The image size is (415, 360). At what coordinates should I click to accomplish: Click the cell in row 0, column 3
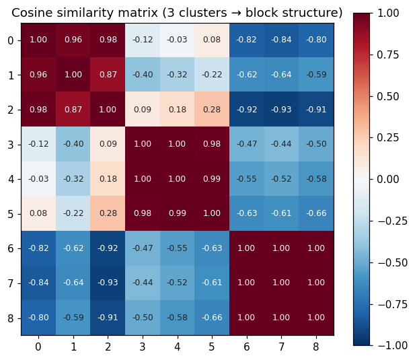pos(143,40)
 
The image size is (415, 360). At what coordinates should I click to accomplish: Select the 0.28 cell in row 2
pos(212,110)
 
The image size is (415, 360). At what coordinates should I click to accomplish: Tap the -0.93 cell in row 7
pos(108,283)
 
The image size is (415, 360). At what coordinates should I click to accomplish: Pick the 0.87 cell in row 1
pos(108,75)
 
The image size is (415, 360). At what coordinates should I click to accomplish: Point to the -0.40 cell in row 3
pos(73,144)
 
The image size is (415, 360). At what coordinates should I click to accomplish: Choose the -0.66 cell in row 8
pos(212,318)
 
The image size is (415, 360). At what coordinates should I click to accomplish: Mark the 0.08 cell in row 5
pos(38,213)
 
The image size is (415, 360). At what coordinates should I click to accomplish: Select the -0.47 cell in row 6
pos(143,248)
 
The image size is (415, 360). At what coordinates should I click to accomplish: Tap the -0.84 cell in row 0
pos(281,40)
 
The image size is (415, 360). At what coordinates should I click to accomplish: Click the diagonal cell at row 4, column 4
pos(178,179)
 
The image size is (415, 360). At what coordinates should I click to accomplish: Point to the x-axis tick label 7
pos(281,347)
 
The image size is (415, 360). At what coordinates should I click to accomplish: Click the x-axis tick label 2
pos(108,347)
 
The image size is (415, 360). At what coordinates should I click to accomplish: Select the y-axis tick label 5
pos(10,213)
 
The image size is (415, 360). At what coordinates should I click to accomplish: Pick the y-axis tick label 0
pos(10,40)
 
